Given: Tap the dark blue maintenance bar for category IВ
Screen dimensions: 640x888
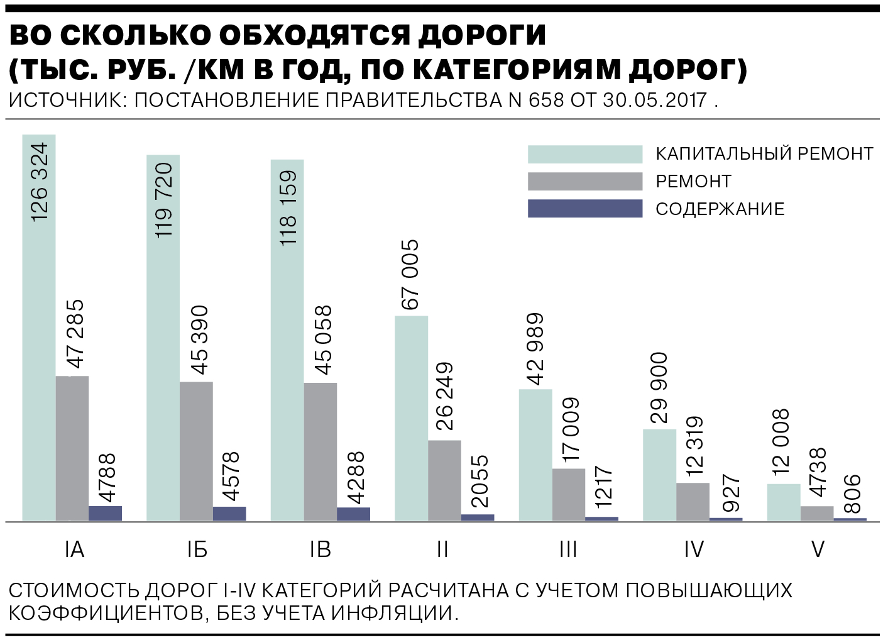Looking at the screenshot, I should (x=353, y=514).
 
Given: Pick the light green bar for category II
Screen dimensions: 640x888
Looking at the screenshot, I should (x=411, y=418).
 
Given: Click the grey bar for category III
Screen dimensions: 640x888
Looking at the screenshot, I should (x=569, y=494).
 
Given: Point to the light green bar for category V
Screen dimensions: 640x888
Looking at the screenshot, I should (x=784, y=502).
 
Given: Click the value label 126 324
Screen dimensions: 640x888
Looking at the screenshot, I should (x=39, y=182).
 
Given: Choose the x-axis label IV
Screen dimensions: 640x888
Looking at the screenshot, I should (x=694, y=549).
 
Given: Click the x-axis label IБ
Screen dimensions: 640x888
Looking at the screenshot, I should (x=197, y=549).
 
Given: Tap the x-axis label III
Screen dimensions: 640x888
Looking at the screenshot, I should (x=568, y=549).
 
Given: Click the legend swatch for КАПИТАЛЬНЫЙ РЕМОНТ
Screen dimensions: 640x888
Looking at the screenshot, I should (x=584, y=154).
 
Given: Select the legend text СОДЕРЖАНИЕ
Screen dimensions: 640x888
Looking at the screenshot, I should (x=720, y=209).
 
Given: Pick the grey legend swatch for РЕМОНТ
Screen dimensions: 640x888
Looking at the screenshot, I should (x=584, y=182).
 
